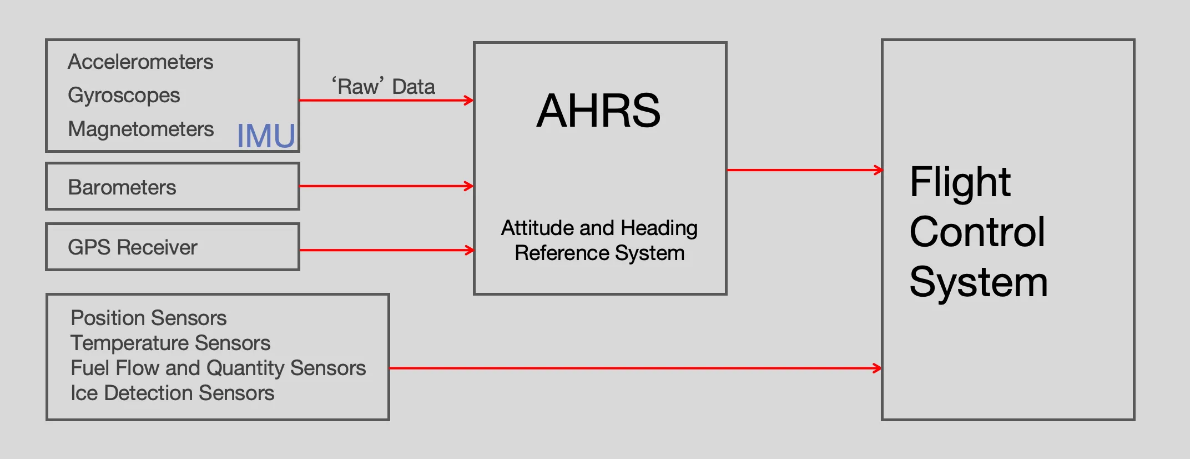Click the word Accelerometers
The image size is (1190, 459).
[x=140, y=62]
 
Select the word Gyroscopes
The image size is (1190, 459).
[x=124, y=96]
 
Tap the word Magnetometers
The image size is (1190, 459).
[x=141, y=129]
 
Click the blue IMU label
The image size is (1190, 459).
[x=266, y=136]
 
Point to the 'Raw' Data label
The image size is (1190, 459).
[x=384, y=87]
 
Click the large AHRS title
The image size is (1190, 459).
[x=599, y=111]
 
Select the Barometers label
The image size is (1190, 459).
[x=122, y=188]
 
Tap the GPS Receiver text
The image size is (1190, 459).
[x=133, y=248]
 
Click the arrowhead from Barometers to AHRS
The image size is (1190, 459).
[x=470, y=186]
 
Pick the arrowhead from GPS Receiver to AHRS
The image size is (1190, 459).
[x=470, y=250]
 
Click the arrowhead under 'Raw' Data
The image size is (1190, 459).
[x=470, y=101]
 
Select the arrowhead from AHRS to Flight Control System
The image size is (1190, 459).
[x=879, y=170]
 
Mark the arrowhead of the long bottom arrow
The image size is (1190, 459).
[x=878, y=368]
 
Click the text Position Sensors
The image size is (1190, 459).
[x=149, y=318]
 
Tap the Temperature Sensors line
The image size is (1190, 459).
[x=170, y=343]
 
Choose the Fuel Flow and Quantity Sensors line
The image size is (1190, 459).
[x=218, y=368]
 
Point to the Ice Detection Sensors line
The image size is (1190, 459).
[x=173, y=393]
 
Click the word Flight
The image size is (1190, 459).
[x=960, y=182]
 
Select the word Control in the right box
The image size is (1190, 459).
[x=977, y=232]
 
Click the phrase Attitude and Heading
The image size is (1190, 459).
[x=599, y=228]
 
